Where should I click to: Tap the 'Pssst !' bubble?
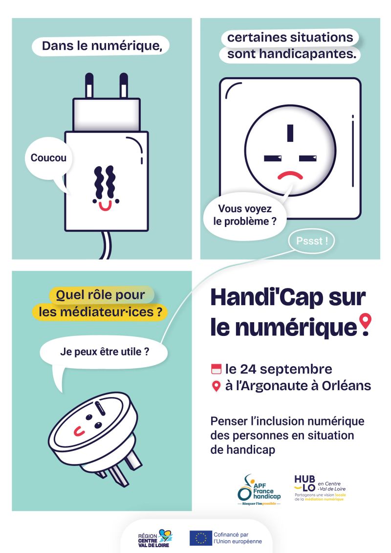pos(311,241)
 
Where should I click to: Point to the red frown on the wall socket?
pos(290,175)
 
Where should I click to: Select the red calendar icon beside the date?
pos(216,369)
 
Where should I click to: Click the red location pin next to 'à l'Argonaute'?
pos(216,386)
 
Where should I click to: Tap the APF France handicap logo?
pos(259,490)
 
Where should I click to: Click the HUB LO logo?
pos(320,488)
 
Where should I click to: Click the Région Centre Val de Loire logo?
pos(155,538)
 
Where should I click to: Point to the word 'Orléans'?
pos(346,386)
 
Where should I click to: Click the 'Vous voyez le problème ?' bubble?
pos(245,215)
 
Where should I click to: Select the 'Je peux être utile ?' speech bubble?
pos(104,352)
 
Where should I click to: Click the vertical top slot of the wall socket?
pos(290,133)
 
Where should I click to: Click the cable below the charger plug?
pos(106,245)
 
